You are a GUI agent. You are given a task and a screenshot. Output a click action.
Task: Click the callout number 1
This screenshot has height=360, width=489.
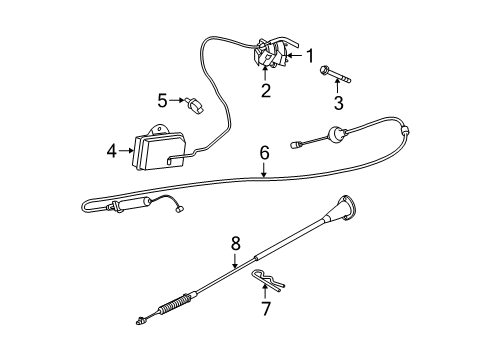coord(310,55)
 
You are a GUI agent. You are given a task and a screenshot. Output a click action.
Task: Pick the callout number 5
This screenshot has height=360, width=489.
coord(160,99)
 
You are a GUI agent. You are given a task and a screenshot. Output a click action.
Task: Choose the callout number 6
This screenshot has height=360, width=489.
coord(264,153)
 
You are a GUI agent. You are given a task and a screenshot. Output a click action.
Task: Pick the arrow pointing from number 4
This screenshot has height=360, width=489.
coord(127,152)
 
